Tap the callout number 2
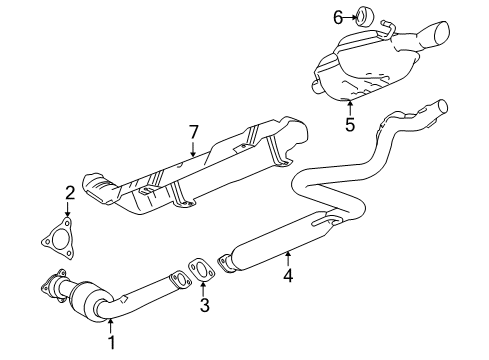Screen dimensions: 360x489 coord(70,192)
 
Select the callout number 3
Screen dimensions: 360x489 coord(203,305)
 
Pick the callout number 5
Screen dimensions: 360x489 coord(350,126)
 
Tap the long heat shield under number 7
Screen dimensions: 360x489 coord(200,175)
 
